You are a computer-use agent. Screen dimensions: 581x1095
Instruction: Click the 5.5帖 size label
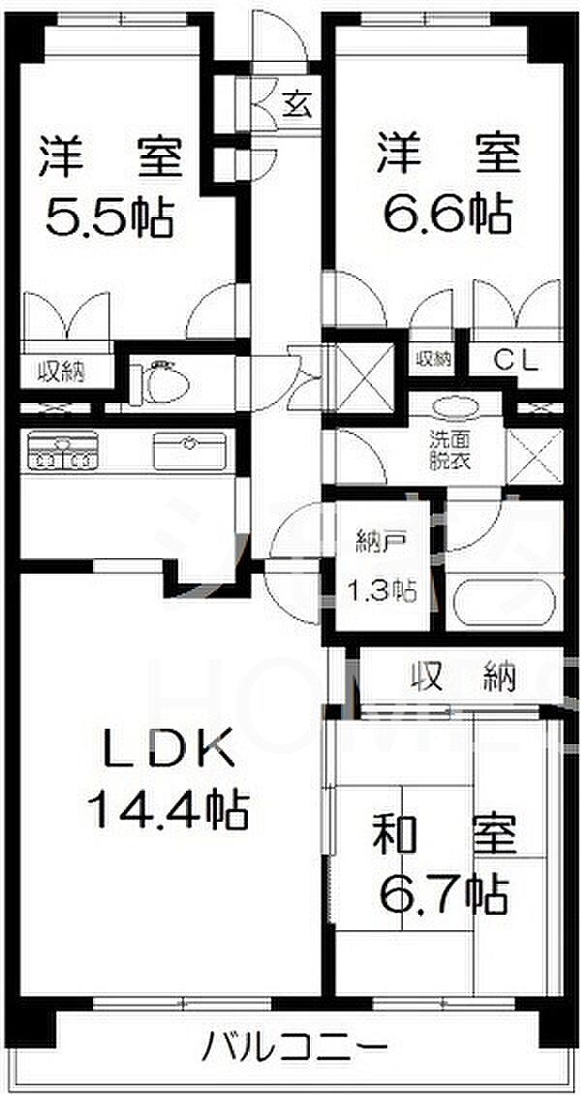[x=109, y=219]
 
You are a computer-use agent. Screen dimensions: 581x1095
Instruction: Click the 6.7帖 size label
[x=445, y=893]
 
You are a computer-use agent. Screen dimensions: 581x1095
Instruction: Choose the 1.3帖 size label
[x=382, y=591]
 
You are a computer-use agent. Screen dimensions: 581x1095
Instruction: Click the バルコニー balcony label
[x=296, y=1048]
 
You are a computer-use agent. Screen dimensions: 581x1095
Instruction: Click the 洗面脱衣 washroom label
[x=450, y=449]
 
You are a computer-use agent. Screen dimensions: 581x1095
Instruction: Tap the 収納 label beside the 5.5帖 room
[x=61, y=369]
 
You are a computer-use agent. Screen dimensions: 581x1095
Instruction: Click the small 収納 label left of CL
[x=434, y=359]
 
